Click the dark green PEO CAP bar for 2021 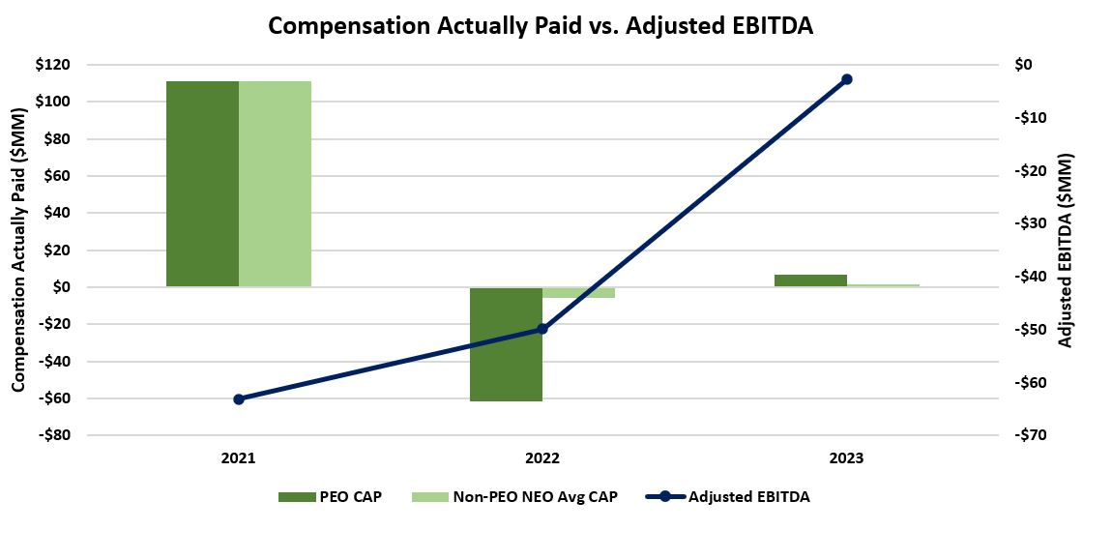click(202, 184)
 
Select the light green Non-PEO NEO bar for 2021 click(275, 184)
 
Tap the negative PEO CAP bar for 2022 click(506, 343)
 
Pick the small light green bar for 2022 click(578, 292)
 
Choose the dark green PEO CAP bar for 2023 click(810, 280)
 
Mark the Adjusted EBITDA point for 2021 click(239, 398)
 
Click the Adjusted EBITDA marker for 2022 click(542, 329)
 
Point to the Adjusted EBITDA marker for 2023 click(846, 79)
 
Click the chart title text click(541, 26)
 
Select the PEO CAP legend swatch click(296, 496)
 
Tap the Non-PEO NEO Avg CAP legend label click(534, 496)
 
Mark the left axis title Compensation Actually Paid click(18, 250)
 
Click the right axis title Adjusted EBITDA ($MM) click(1065, 250)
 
